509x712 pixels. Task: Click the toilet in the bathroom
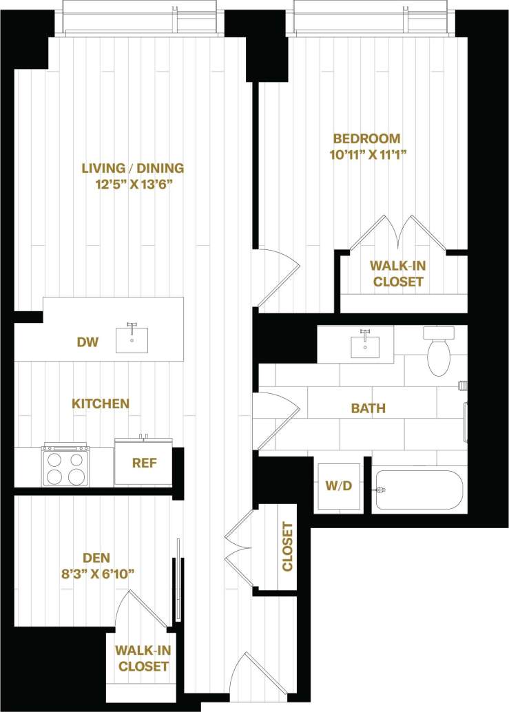[439, 353]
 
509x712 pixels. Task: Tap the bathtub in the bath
[419, 490]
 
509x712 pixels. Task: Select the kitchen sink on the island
[132, 339]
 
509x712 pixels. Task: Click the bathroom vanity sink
[365, 346]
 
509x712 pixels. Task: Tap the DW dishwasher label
[87, 342]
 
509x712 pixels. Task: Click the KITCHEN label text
[101, 404]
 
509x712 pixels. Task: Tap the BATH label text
[368, 408]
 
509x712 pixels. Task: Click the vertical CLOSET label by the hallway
[287, 547]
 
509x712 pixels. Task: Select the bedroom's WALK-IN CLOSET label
[396, 273]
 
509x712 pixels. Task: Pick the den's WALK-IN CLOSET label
[143, 658]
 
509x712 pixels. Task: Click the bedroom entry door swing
[277, 275]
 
